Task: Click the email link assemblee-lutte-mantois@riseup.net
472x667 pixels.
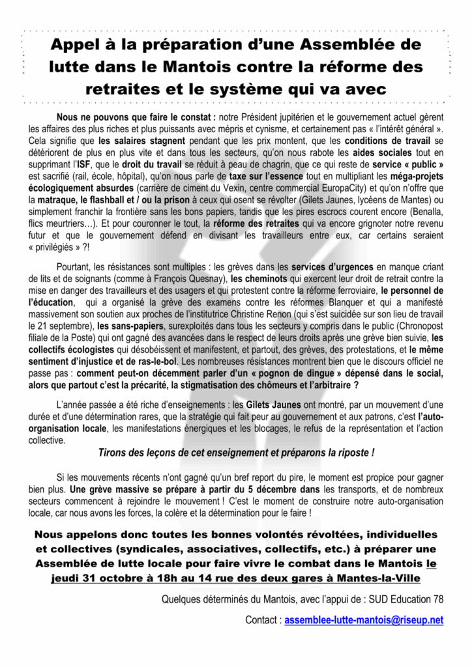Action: pos(364,621)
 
